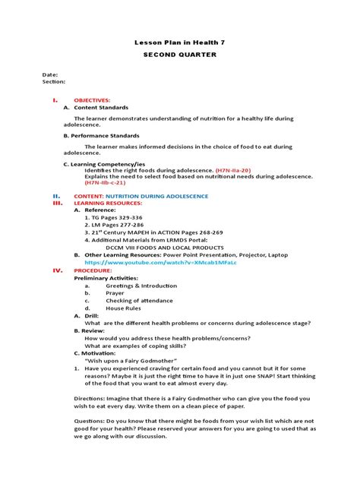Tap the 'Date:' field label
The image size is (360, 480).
coord(50,74)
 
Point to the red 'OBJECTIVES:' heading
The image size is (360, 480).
coord(92,99)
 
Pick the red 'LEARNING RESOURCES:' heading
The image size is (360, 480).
coord(107,204)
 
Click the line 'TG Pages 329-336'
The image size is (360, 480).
coord(120,218)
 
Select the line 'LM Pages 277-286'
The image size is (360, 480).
coord(120,226)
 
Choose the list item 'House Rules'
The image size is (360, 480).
coord(122,308)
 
